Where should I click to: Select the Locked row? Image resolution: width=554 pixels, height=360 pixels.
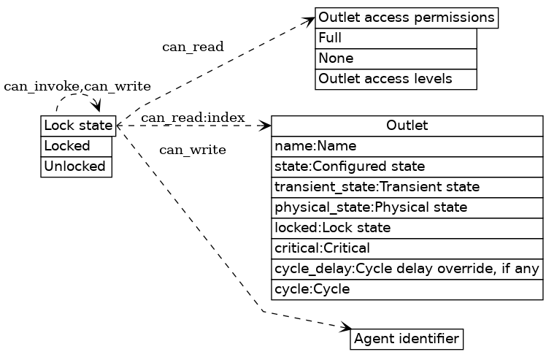click(76, 146)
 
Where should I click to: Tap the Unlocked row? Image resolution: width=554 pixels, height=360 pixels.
click(76, 166)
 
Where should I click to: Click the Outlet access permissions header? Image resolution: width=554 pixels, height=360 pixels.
click(407, 18)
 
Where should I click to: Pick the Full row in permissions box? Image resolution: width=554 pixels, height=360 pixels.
click(396, 38)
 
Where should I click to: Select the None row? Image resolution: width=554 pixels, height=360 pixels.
click(396, 58)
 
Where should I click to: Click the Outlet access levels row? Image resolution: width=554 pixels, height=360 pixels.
click(396, 79)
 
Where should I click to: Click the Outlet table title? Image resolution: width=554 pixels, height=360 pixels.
click(407, 126)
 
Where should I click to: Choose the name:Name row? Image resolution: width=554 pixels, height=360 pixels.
click(407, 146)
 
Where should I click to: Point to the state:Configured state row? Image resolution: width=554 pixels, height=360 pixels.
click(407, 166)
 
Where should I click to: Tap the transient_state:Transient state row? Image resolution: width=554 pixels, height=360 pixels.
click(407, 187)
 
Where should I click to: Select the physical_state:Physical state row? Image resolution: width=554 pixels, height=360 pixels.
click(407, 207)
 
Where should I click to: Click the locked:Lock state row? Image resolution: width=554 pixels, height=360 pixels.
click(407, 228)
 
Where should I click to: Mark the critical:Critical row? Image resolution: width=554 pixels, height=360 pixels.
click(407, 248)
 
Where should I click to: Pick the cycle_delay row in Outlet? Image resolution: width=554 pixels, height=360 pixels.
click(407, 269)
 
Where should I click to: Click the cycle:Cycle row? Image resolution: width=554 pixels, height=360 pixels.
click(407, 289)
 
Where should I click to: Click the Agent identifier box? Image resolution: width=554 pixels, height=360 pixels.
click(407, 339)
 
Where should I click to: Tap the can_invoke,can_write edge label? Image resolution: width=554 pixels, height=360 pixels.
click(77, 87)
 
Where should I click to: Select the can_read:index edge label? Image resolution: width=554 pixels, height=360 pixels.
click(193, 118)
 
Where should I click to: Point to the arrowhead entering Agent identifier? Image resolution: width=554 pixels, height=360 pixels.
click(346, 329)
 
